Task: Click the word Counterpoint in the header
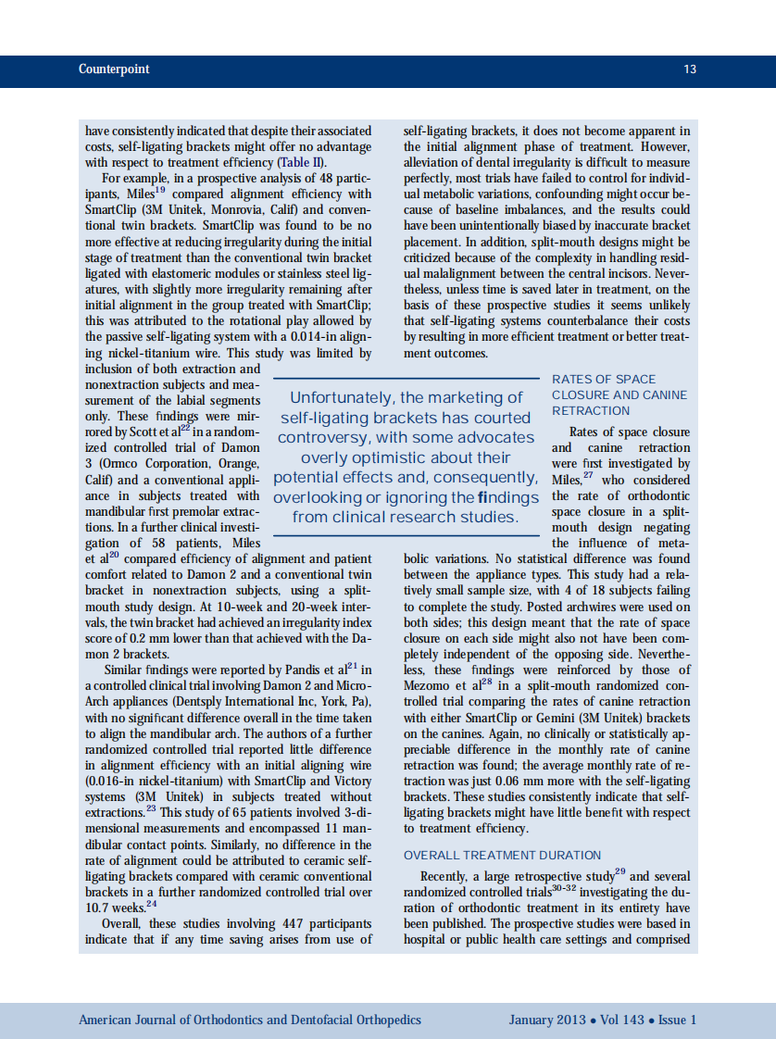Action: pyautogui.click(x=114, y=69)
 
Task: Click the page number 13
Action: pyautogui.click(x=690, y=69)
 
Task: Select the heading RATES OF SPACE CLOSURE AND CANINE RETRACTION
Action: pyautogui.click(x=619, y=394)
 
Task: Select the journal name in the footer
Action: pyautogui.click(x=250, y=1020)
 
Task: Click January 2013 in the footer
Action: pyautogui.click(x=546, y=1020)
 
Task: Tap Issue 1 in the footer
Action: pyautogui.click(x=678, y=1020)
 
